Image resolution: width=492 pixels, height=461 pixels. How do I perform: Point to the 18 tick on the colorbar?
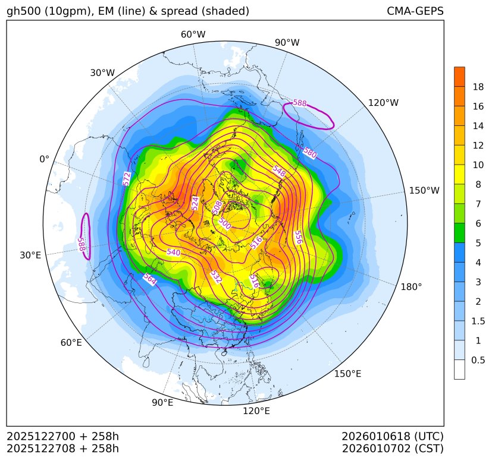click(x=478, y=87)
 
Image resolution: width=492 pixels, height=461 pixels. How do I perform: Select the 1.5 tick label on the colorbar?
click(x=478, y=321)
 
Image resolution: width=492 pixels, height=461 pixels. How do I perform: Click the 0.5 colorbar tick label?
click(x=478, y=360)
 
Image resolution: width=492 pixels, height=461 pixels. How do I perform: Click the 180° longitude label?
click(x=411, y=286)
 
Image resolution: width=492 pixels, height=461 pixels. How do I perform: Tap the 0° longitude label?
click(x=44, y=159)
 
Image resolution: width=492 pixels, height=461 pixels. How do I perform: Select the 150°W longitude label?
click(x=424, y=191)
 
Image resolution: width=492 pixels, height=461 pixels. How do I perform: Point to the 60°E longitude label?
click(x=71, y=343)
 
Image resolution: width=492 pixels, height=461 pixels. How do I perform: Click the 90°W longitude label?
click(x=287, y=43)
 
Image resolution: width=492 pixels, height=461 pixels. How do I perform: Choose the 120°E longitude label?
click(x=256, y=411)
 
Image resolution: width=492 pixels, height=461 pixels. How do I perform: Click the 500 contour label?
click(x=224, y=223)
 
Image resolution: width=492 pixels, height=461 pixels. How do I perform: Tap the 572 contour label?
click(x=126, y=179)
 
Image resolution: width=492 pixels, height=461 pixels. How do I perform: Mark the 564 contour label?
click(x=149, y=279)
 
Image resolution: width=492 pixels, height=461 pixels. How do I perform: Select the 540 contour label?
click(x=173, y=252)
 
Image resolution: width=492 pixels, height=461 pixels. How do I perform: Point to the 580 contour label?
click(x=309, y=153)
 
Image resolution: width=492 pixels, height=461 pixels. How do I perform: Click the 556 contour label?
click(x=298, y=237)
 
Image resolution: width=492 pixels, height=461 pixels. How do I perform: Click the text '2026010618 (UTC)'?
click(x=393, y=436)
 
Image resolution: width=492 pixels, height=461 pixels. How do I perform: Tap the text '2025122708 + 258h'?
click(x=62, y=448)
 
